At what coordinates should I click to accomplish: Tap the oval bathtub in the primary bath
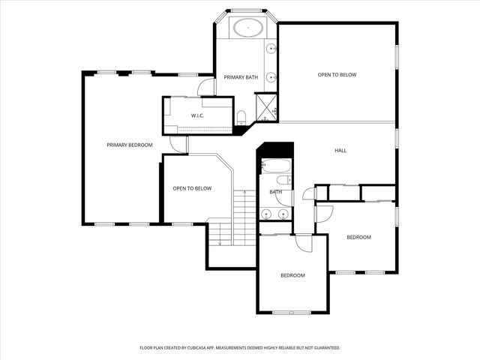click(247, 28)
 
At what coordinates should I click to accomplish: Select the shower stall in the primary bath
click(265, 106)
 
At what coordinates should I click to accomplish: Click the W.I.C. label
click(197, 115)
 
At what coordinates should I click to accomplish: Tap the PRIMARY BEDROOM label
click(129, 145)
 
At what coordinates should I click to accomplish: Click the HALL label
click(340, 151)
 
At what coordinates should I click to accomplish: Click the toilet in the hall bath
click(283, 180)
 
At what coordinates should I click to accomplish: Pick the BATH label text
click(275, 193)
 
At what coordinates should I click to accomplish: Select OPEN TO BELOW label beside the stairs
click(192, 188)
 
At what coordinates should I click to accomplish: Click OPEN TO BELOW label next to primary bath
click(337, 75)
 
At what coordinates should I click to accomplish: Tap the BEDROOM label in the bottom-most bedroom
click(292, 275)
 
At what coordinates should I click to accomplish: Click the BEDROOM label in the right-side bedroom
click(358, 237)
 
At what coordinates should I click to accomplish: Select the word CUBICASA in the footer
click(224, 348)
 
